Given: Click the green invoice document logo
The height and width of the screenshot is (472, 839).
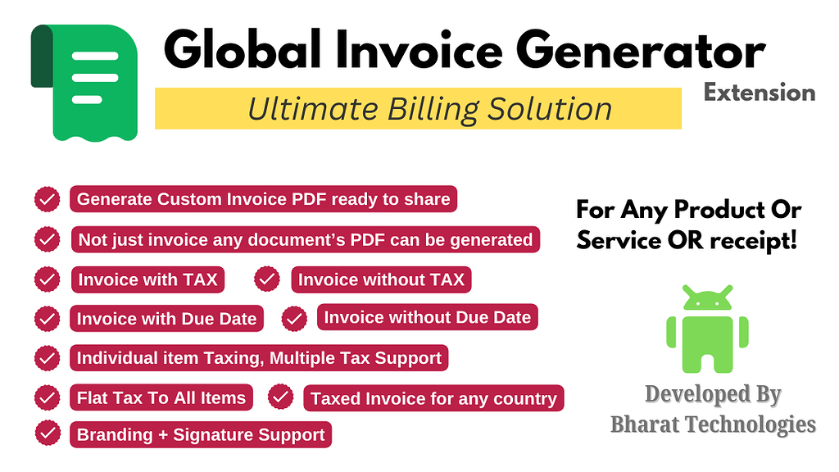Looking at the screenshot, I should (84, 82).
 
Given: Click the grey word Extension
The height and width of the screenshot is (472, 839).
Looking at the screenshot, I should (760, 93).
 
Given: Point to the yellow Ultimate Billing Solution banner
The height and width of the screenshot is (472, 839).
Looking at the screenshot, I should (418, 109).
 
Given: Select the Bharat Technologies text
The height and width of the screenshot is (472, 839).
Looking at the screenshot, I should (713, 424).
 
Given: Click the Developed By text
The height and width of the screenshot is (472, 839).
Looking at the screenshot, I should (713, 394).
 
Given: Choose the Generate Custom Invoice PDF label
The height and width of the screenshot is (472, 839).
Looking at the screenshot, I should (263, 199).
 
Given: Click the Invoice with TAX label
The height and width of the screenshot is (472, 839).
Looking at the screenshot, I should (147, 279).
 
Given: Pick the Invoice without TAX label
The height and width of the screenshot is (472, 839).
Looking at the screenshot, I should (381, 279).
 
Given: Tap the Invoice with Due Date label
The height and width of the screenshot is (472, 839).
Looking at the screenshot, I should (166, 319).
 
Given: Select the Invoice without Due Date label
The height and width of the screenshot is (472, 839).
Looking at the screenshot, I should (427, 317).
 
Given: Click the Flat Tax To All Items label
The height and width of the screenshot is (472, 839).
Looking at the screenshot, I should (161, 398).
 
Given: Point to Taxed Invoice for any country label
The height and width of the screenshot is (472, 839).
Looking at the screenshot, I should (433, 399).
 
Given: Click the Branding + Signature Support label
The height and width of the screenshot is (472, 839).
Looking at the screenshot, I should (201, 434).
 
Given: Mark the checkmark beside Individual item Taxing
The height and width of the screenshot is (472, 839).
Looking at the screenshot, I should (47, 358).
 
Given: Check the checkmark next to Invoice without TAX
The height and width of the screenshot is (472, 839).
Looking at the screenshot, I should (267, 279).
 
